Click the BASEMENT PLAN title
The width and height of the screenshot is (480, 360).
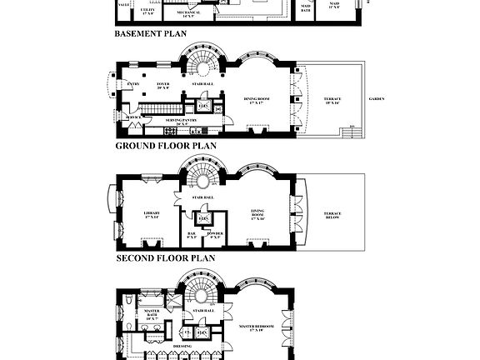pos(150,34)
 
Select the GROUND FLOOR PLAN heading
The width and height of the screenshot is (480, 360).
pos(165,145)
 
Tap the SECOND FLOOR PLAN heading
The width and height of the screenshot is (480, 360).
pos(165,258)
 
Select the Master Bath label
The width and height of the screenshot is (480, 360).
pos(152,315)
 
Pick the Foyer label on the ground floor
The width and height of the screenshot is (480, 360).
pos(163,86)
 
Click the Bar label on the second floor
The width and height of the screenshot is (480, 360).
pos(191,236)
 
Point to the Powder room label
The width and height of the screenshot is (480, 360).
pos(214,236)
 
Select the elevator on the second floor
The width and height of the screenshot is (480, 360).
pos(202,219)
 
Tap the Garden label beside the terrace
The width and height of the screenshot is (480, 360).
pos(377,98)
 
